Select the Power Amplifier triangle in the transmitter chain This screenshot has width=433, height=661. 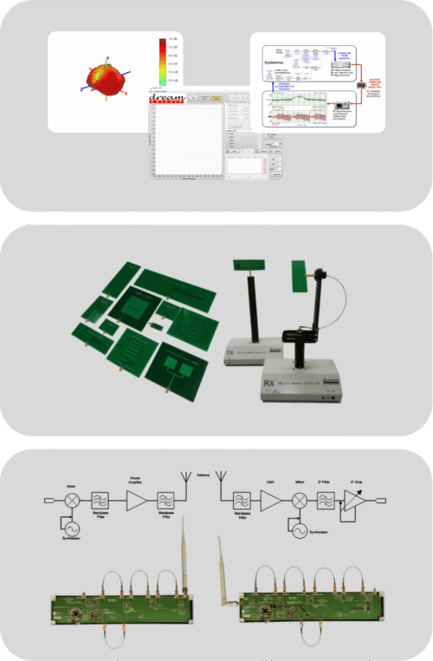137,500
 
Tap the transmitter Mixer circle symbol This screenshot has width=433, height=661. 74,501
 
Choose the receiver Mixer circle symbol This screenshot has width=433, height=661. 298,500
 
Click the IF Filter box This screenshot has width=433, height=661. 326,500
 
